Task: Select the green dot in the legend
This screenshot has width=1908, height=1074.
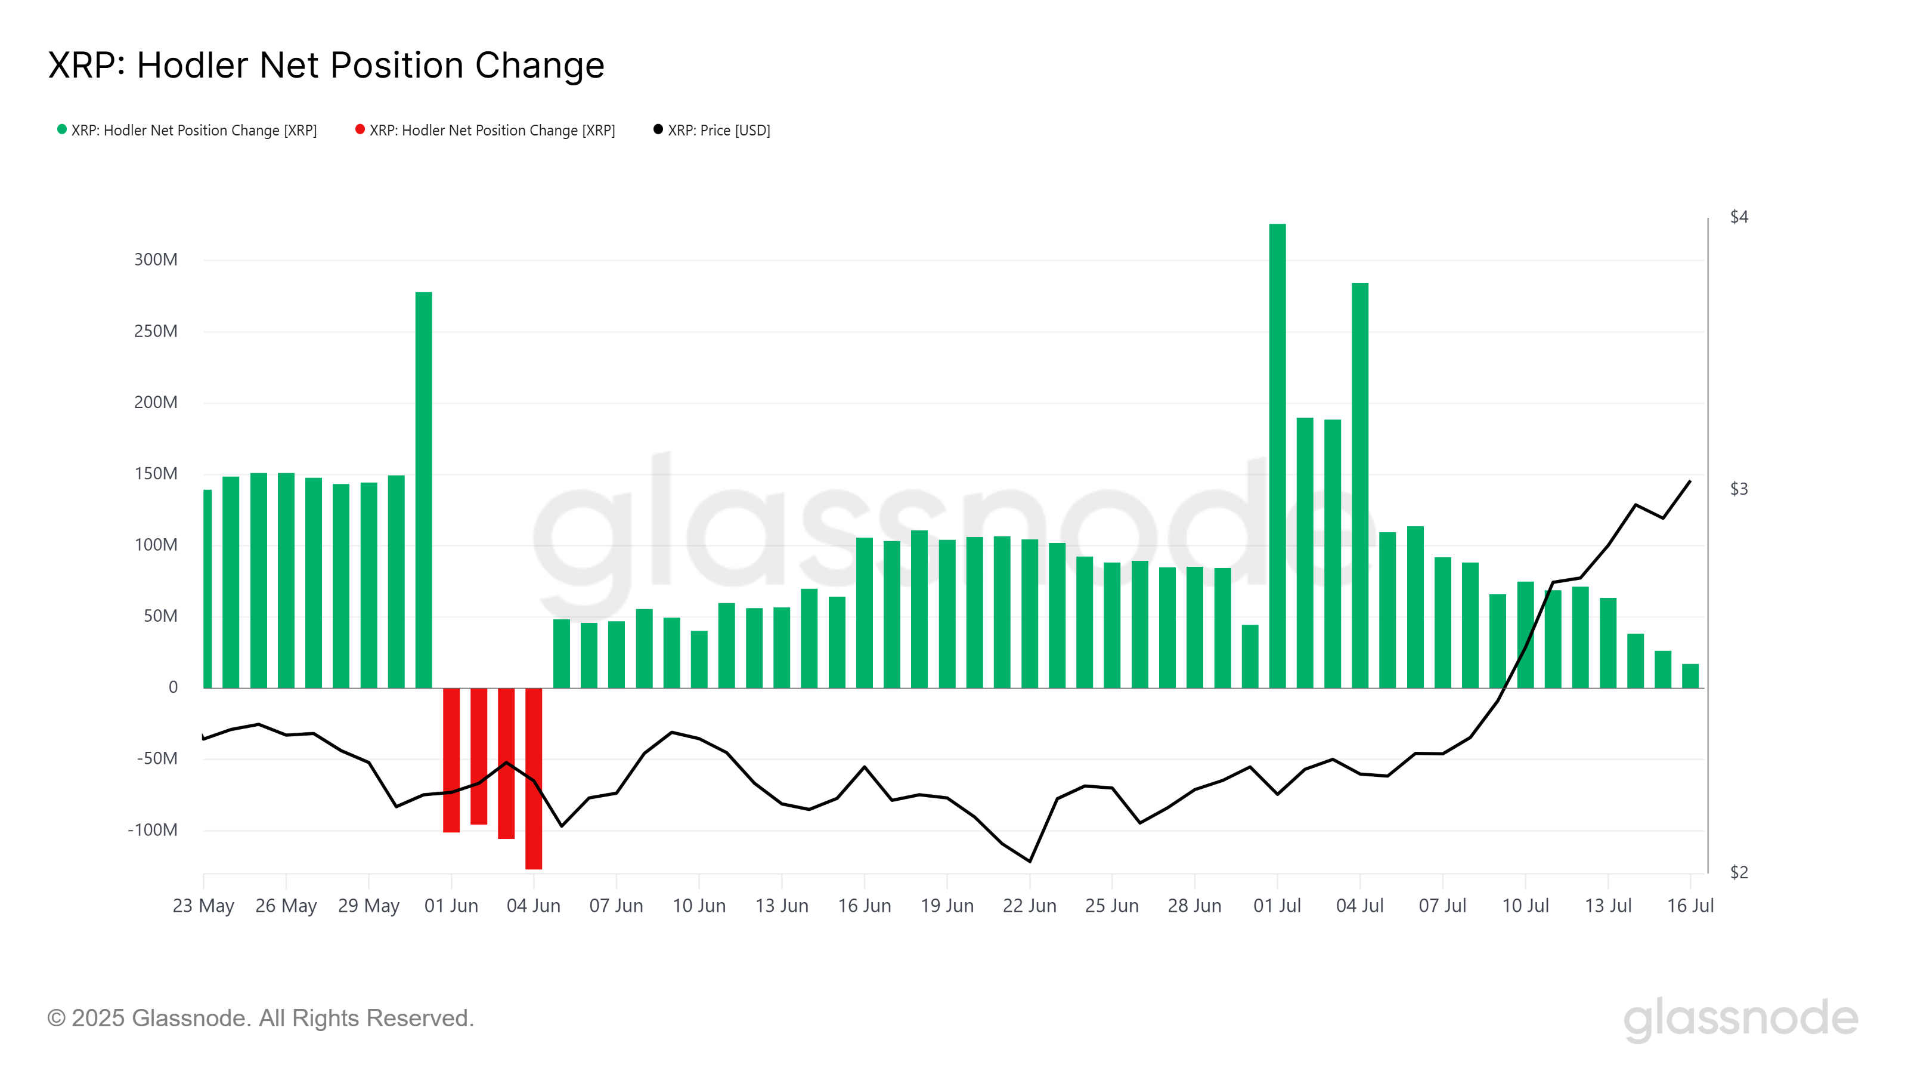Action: click(x=62, y=129)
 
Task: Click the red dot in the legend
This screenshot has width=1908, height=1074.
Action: click(x=360, y=129)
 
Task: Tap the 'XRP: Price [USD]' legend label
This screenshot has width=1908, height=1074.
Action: click(x=718, y=131)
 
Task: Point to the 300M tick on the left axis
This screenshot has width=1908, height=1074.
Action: click(x=156, y=260)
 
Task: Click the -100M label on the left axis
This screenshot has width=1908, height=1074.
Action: click(x=153, y=830)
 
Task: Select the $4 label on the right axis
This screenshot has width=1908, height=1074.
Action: click(x=1739, y=217)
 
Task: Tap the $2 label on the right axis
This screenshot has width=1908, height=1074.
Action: click(x=1739, y=872)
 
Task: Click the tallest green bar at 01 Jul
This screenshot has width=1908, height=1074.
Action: click(x=1277, y=456)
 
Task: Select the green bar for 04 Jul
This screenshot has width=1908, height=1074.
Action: click(x=1360, y=486)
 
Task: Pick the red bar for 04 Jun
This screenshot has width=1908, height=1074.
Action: click(x=533, y=778)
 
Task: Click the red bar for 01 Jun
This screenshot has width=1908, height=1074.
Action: click(x=451, y=760)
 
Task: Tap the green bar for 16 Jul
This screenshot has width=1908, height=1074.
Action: click(x=1690, y=676)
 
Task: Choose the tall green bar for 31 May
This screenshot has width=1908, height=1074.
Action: click(x=424, y=489)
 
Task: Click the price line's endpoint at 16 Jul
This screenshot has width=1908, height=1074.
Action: click(x=1690, y=482)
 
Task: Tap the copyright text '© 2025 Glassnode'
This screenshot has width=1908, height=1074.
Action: click(x=260, y=1019)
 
